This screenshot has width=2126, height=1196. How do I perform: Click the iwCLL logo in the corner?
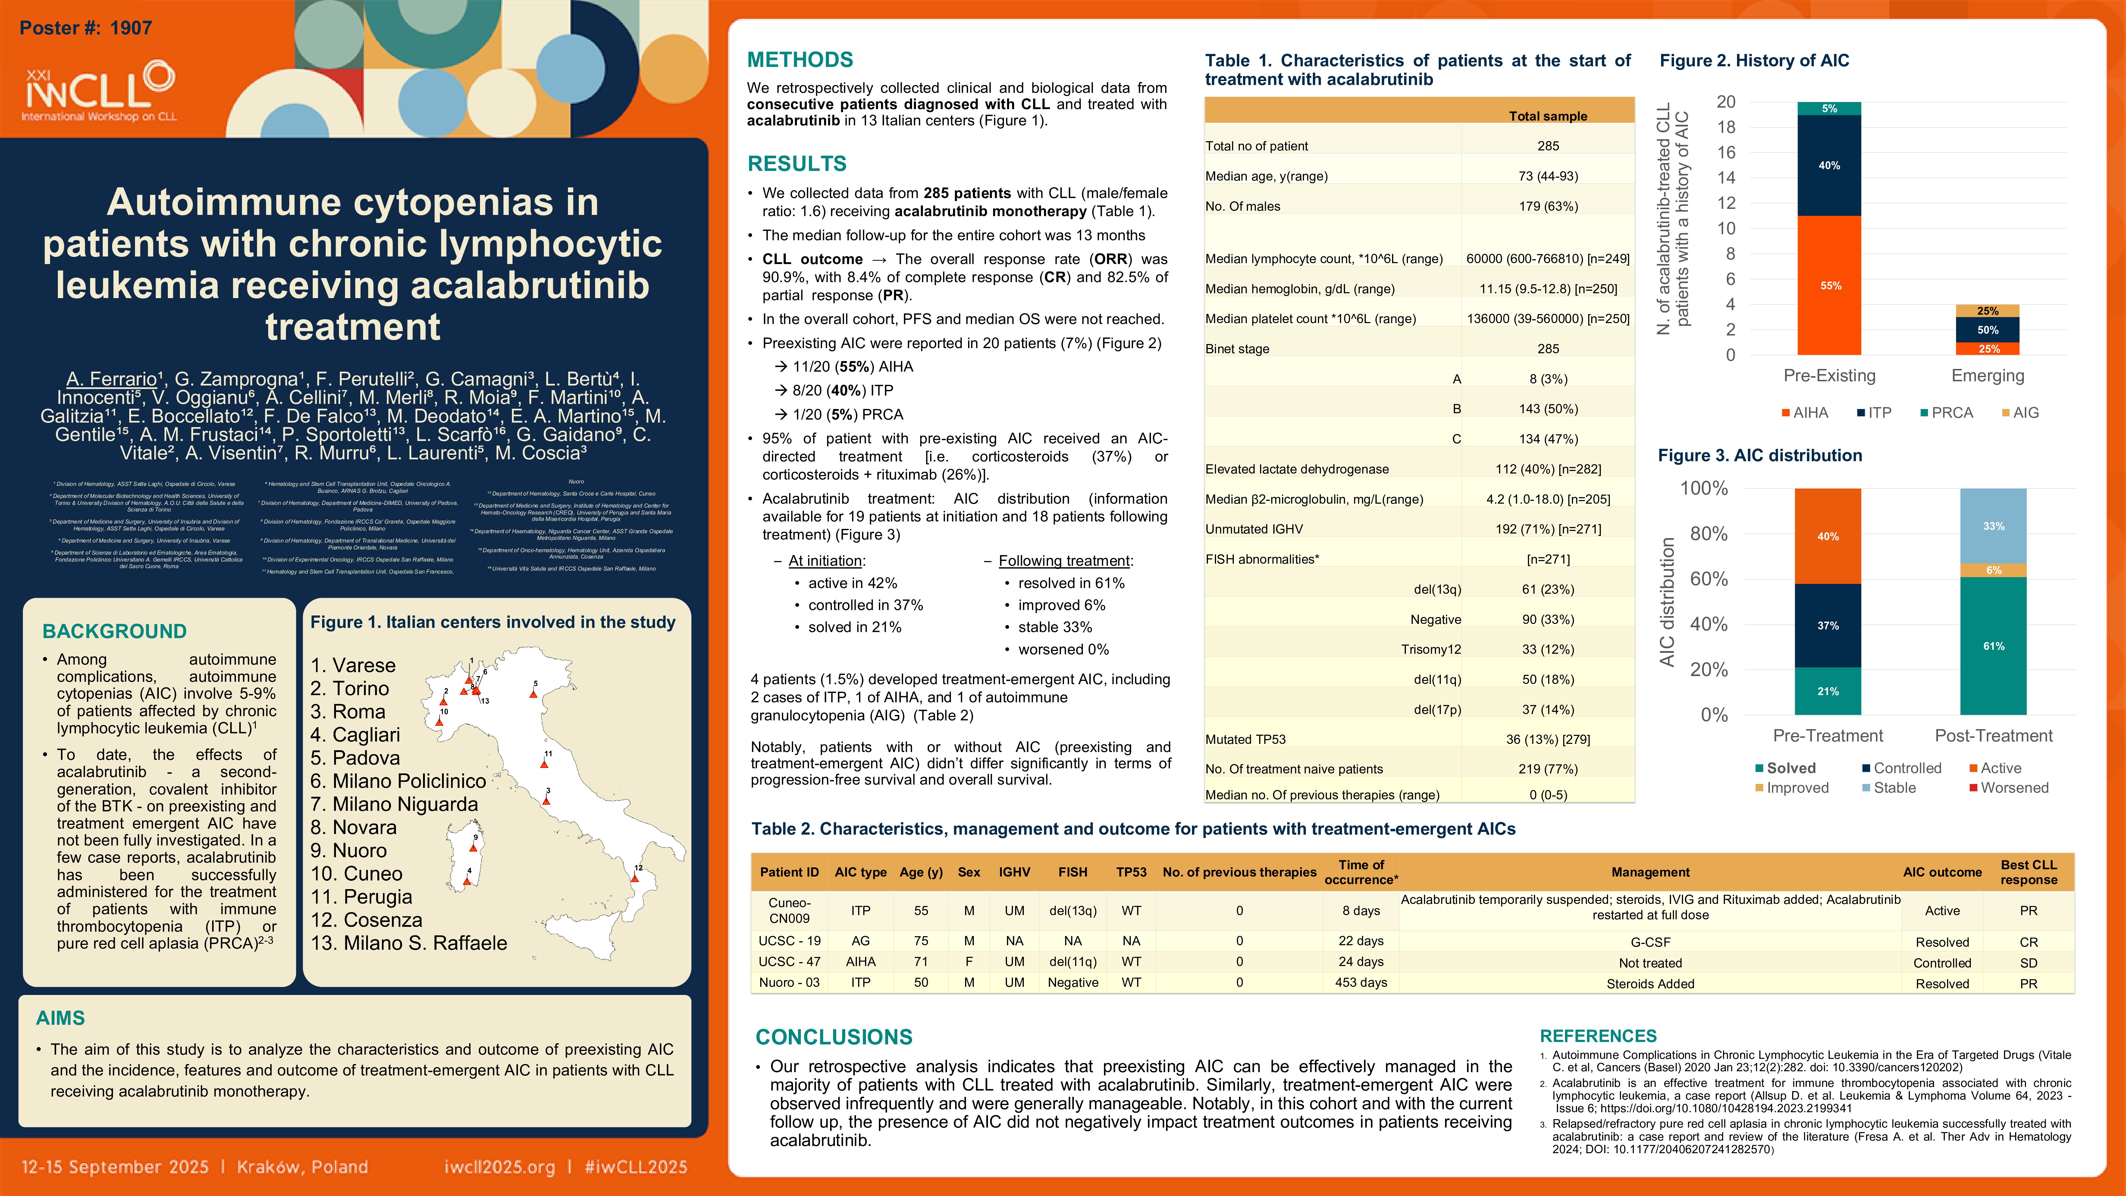point(99,91)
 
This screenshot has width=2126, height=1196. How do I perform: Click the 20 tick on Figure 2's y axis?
point(1726,102)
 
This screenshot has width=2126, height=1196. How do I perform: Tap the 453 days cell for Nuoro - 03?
point(1361,982)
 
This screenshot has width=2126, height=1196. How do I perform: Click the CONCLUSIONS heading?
point(834,1037)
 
